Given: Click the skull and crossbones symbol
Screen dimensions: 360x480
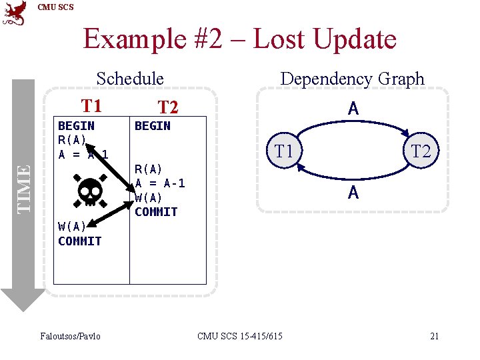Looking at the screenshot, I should (x=89, y=191).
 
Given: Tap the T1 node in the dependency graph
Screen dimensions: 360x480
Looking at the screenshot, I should (x=285, y=151).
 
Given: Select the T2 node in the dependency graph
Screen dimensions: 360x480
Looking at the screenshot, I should (x=421, y=151).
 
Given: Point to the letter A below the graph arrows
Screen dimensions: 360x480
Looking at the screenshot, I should (x=353, y=193).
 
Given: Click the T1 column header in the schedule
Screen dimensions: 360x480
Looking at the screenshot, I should (x=91, y=106).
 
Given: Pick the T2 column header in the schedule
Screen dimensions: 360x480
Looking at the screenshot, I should (x=167, y=107).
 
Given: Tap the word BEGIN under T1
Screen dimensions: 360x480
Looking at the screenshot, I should (x=76, y=125).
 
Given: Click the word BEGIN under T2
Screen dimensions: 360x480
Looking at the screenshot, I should (x=153, y=125).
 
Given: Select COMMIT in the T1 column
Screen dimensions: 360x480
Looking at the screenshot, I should (x=79, y=241).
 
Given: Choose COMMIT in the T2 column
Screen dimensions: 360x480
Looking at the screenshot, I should (x=156, y=211).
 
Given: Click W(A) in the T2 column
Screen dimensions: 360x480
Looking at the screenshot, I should (x=149, y=197).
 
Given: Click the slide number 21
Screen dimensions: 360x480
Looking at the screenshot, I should (x=434, y=335).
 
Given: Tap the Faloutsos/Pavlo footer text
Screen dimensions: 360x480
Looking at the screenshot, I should (x=71, y=335).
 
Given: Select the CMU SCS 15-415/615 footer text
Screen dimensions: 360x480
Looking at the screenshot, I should (x=240, y=335).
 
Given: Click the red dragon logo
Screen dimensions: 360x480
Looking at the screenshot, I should (x=15, y=13).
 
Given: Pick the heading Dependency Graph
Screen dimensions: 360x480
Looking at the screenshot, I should (x=352, y=79).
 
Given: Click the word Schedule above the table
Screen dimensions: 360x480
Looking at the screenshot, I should (x=130, y=79).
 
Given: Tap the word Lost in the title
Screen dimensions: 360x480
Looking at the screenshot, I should (x=279, y=39).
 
